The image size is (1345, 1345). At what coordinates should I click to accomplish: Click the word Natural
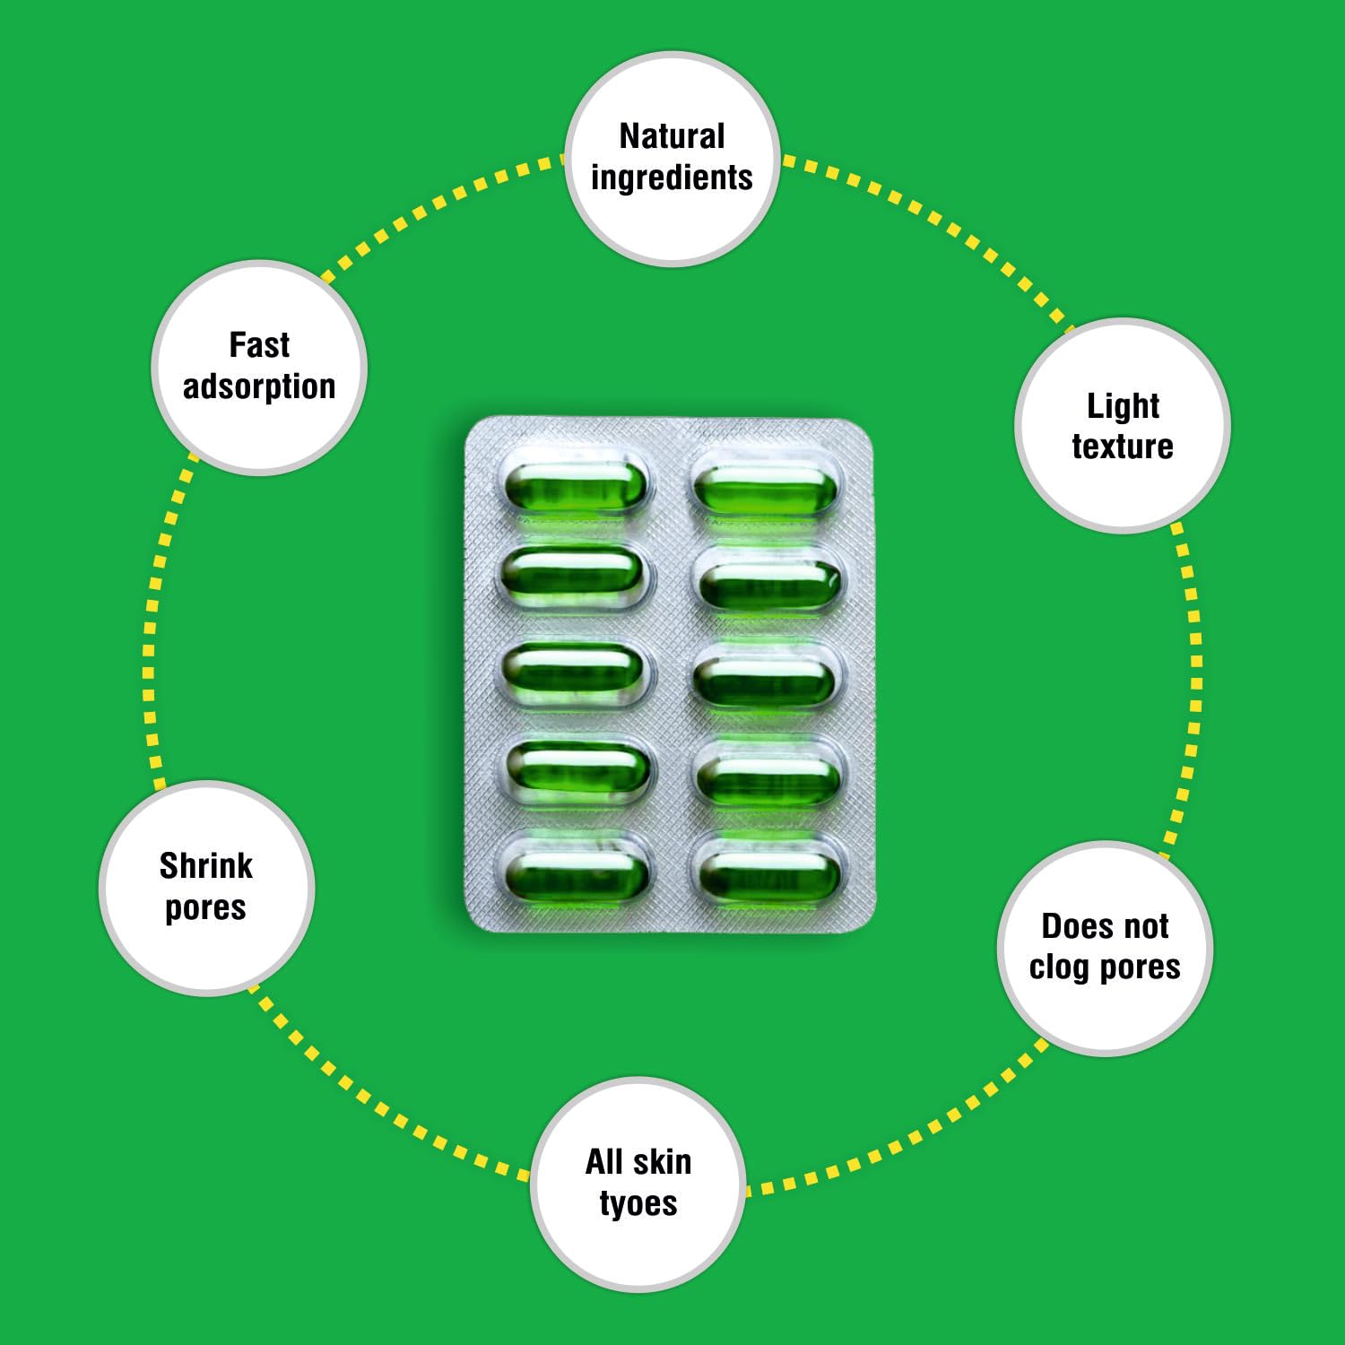[672, 137]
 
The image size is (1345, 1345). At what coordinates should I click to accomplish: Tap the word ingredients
[672, 178]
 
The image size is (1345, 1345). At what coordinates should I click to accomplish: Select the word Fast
[259, 345]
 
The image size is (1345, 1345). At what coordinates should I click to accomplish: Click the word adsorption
[259, 386]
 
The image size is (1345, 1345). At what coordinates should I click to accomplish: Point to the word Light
[1123, 406]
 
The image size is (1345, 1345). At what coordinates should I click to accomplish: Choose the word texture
[1123, 447]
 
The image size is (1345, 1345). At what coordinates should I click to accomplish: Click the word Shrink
[206, 866]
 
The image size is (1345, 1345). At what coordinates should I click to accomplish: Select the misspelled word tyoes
[638, 1203]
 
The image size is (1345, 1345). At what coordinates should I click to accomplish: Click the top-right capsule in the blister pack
[765, 490]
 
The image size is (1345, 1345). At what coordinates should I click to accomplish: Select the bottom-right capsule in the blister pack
[768, 875]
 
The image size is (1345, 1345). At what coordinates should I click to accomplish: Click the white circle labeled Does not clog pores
[1105, 949]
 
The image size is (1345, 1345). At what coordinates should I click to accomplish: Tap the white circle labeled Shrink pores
[206, 888]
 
